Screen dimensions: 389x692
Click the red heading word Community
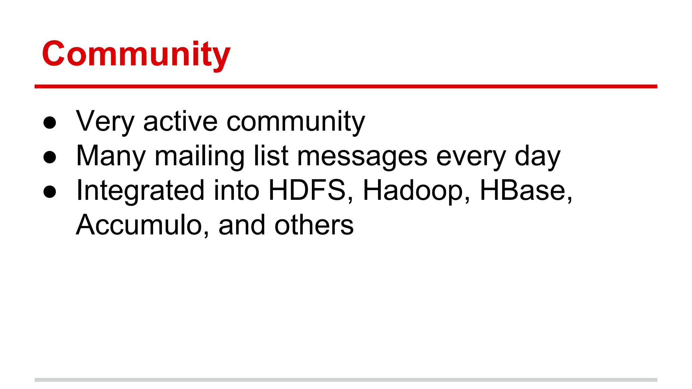pos(136,54)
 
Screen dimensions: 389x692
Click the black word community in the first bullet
pos(296,122)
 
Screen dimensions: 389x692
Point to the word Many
pos(111,156)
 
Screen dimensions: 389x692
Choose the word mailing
pos(200,156)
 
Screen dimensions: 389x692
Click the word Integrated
pos(141,191)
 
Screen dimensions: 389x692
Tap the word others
pos(314,225)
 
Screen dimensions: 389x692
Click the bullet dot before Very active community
pos(50,123)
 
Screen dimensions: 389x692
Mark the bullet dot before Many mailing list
pos(50,157)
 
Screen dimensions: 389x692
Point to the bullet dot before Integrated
pos(50,191)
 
